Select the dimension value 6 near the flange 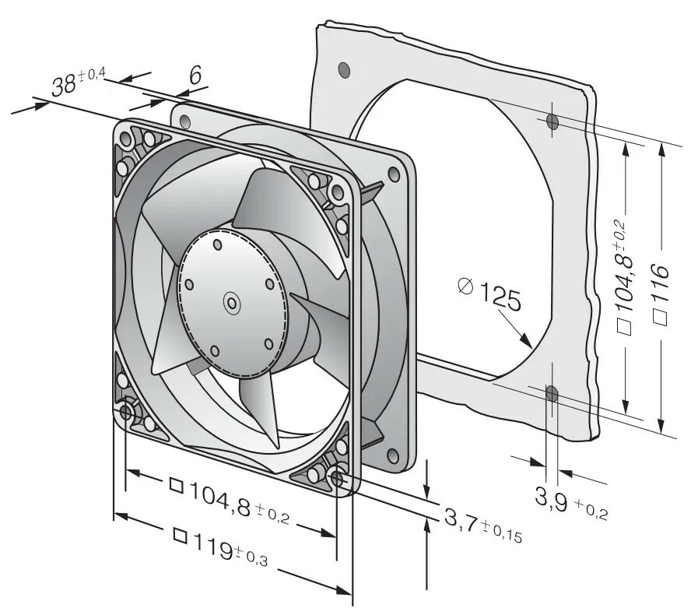tap(195, 76)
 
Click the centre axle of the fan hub tap(231, 304)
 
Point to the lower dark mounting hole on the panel tap(552, 394)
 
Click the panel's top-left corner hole tap(343, 70)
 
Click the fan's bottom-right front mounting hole tap(338, 476)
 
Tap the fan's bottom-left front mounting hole tap(127, 410)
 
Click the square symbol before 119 tap(180, 536)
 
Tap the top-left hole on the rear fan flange tap(184, 121)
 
